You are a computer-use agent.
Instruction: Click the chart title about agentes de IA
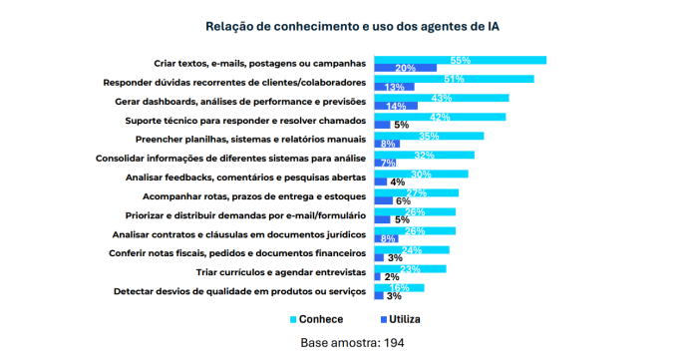click(338, 26)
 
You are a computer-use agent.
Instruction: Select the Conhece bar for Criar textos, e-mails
click(460, 60)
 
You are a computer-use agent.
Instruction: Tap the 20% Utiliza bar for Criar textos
click(405, 69)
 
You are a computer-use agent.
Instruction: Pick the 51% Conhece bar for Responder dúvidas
click(454, 79)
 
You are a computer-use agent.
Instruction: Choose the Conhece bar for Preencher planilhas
click(429, 136)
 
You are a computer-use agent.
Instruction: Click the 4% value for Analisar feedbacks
click(397, 181)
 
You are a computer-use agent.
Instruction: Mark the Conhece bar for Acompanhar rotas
click(416, 192)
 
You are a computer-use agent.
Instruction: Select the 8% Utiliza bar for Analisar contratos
click(384, 238)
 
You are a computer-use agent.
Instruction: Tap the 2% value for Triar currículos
click(392, 276)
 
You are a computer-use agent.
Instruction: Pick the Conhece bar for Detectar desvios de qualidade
click(399, 287)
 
